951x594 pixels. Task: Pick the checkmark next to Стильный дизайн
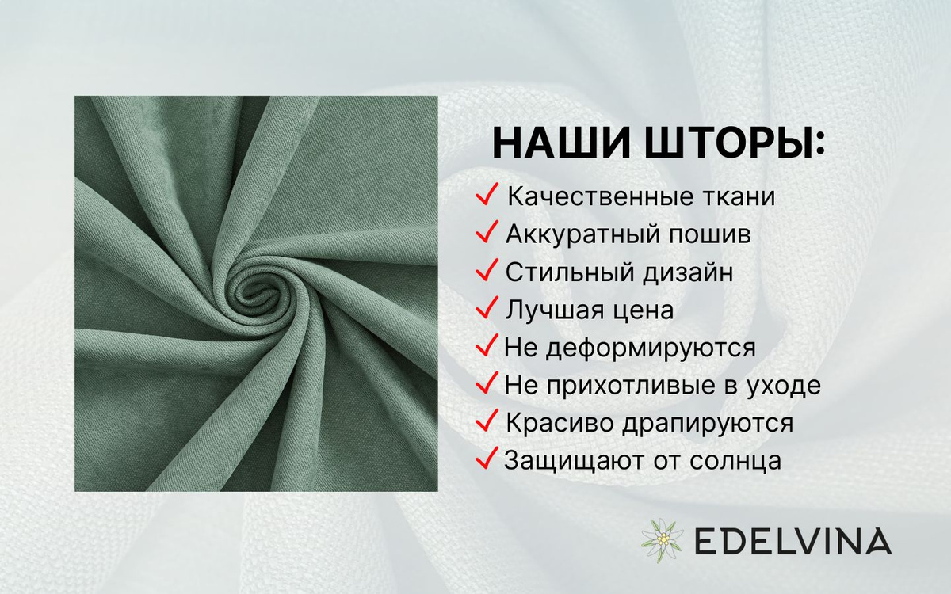(486, 269)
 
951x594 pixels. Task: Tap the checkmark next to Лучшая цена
(486, 307)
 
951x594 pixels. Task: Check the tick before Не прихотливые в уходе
(486, 383)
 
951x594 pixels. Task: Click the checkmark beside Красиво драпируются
(486, 420)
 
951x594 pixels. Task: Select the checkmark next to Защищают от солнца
(486, 458)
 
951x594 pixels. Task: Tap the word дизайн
(687, 272)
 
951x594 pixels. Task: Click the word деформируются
(651, 348)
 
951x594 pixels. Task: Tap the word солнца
(735, 461)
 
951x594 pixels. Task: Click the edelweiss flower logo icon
(663, 540)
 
